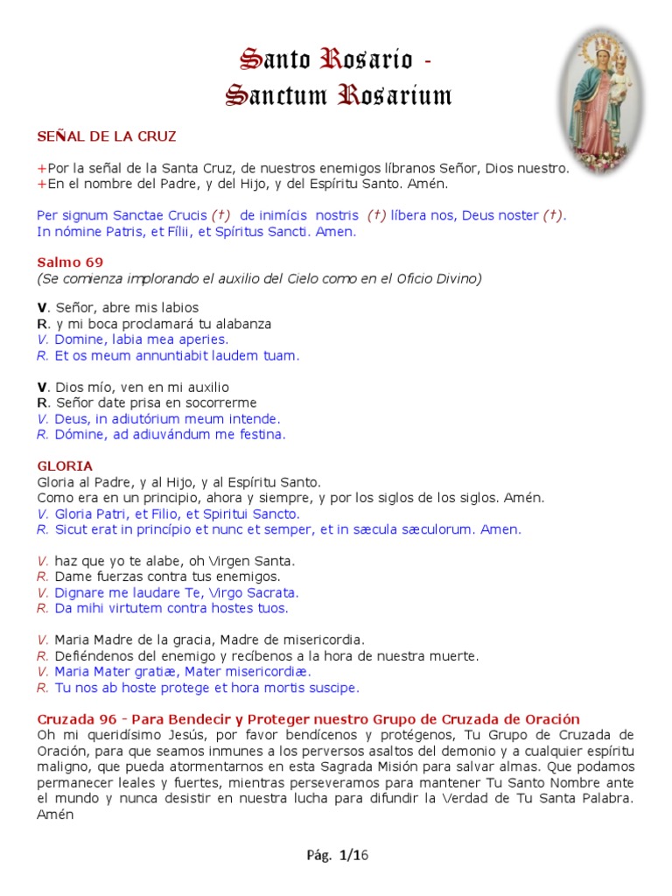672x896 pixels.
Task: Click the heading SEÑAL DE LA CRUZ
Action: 107,136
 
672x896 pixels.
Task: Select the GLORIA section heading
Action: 65,466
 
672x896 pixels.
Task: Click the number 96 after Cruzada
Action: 106,718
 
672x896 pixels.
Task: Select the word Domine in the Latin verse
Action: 80,339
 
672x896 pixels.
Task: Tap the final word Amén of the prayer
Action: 52,814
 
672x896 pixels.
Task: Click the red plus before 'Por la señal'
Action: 41,168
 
